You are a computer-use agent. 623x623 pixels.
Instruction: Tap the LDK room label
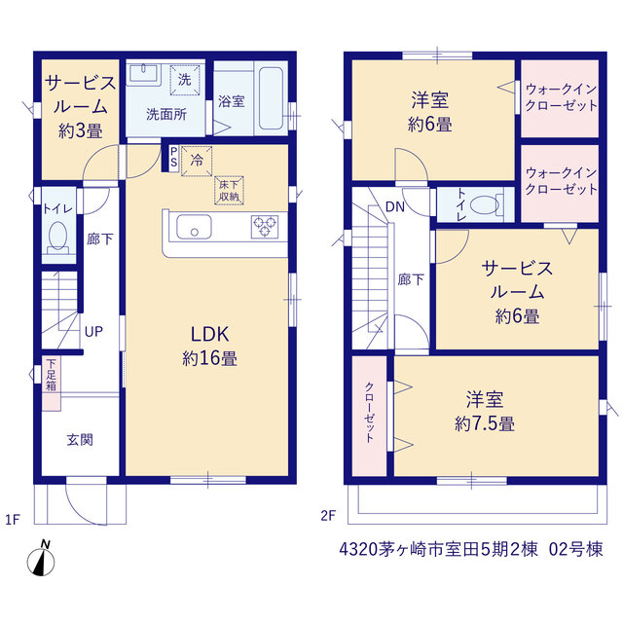click(x=210, y=334)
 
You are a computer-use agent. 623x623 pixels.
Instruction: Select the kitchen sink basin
click(x=194, y=227)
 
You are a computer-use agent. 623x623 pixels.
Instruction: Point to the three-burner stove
click(x=265, y=227)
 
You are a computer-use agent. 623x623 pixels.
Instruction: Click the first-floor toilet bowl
click(x=58, y=236)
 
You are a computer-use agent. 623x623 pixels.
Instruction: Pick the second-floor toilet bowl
click(x=485, y=205)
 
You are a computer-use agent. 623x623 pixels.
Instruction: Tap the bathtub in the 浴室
click(x=271, y=98)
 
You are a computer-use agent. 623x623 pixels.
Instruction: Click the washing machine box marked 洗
click(x=185, y=80)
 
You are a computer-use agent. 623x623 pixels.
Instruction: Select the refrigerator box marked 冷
click(x=197, y=161)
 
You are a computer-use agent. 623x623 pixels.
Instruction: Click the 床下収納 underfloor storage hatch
click(x=230, y=191)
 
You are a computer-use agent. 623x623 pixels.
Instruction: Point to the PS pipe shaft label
click(x=173, y=157)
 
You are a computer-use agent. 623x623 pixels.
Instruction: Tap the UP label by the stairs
click(x=93, y=331)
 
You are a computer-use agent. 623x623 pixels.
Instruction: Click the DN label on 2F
click(x=395, y=206)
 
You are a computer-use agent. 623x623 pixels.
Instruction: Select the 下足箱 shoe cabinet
click(x=52, y=383)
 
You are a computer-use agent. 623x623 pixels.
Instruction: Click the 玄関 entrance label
click(x=80, y=440)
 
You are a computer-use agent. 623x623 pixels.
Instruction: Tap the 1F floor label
click(x=13, y=519)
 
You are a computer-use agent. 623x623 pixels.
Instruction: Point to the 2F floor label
click(x=328, y=516)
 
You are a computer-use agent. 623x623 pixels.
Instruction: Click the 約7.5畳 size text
click(x=485, y=424)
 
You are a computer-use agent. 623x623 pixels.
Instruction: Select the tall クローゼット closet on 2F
click(x=369, y=416)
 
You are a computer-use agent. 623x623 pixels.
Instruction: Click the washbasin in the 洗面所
click(x=143, y=74)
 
